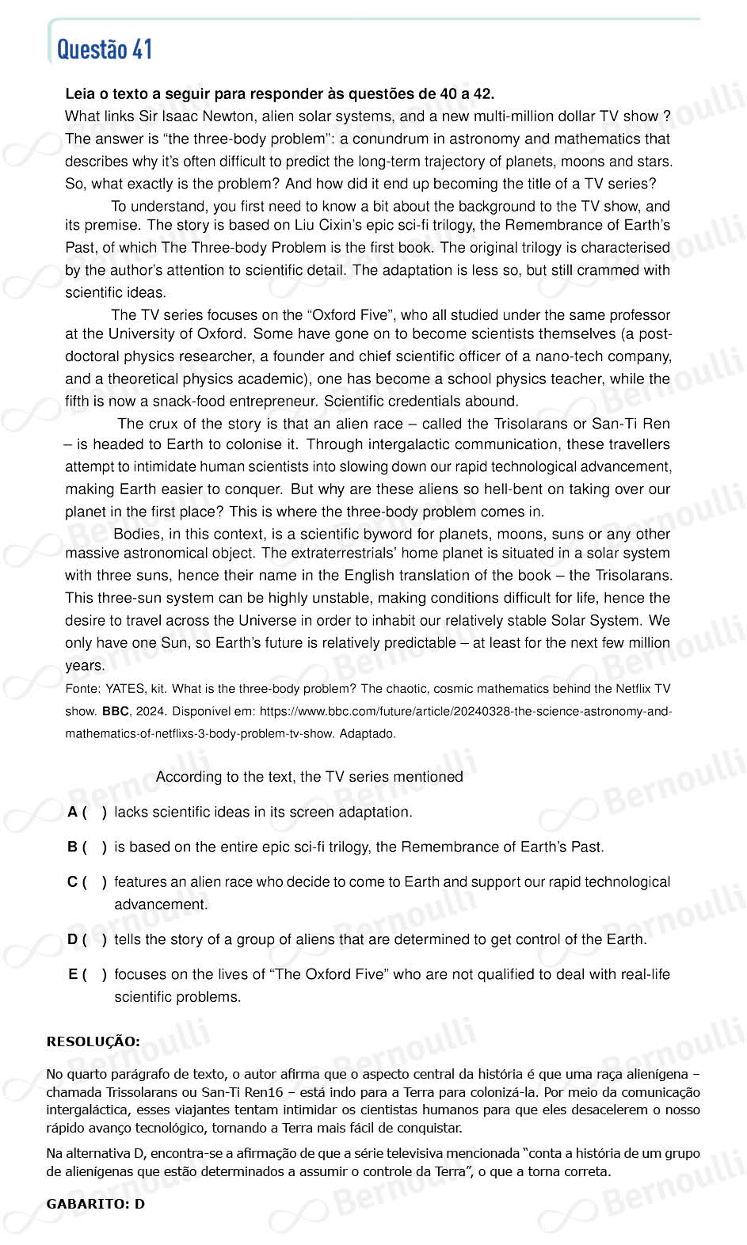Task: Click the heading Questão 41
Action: point(105,50)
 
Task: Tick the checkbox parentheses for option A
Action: point(94,812)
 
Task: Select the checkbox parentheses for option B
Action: point(94,847)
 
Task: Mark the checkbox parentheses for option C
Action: point(94,881)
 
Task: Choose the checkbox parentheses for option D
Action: point(94,939)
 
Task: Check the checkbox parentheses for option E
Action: point(94,974)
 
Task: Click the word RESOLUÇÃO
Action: point(93,1041)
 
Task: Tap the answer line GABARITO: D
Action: point(96,1204)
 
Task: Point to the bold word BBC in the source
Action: point(115,711)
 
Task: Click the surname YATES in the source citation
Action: point(125,689)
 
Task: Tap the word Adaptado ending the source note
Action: point(368,733)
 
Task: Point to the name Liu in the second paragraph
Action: point(306,225)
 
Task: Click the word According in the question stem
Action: point(189,777)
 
